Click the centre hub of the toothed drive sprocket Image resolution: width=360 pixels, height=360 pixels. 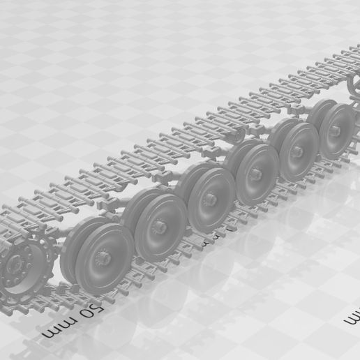pyautogui.click(x=15, y=266)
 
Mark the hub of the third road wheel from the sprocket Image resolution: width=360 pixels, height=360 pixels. pyautogui.click(x=212, y=200)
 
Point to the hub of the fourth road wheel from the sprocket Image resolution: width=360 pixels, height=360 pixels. pyautogui.click(x=257, y=174)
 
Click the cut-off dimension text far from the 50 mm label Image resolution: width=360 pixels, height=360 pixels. pyautogui.click(x=354, y=315)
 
